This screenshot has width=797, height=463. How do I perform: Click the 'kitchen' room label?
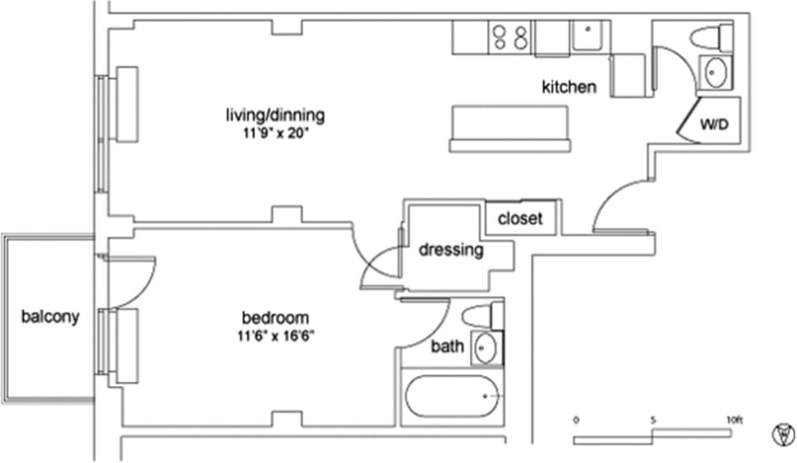point(569,88)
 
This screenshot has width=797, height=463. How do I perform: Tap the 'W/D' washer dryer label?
point(714,126)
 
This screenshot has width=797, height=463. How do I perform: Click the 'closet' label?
point(519,219)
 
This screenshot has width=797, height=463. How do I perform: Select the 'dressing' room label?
point(451,250)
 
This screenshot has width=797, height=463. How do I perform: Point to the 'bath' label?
point(447,347)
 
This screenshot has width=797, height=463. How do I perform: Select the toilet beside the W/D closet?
point(706,39)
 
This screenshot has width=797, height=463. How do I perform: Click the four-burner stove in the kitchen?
point(509,38)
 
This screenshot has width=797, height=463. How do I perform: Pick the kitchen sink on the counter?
point(589,37)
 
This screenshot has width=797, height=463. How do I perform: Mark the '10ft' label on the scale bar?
point(735,419)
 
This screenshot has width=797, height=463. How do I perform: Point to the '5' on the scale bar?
point(653,419)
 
